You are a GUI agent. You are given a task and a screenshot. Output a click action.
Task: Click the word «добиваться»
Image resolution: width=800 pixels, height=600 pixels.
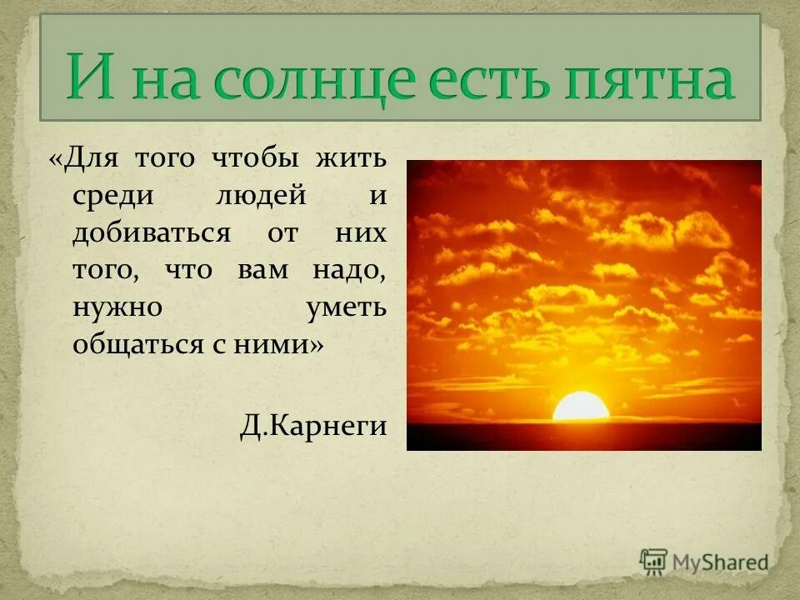(150, 233)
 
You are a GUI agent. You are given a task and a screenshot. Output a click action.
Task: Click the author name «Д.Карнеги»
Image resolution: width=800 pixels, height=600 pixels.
(313, 426)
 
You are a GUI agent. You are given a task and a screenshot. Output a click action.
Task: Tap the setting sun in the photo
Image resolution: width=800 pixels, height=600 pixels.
(581, 407)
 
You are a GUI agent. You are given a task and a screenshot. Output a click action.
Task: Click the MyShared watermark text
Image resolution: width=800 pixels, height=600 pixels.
(722, 562)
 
